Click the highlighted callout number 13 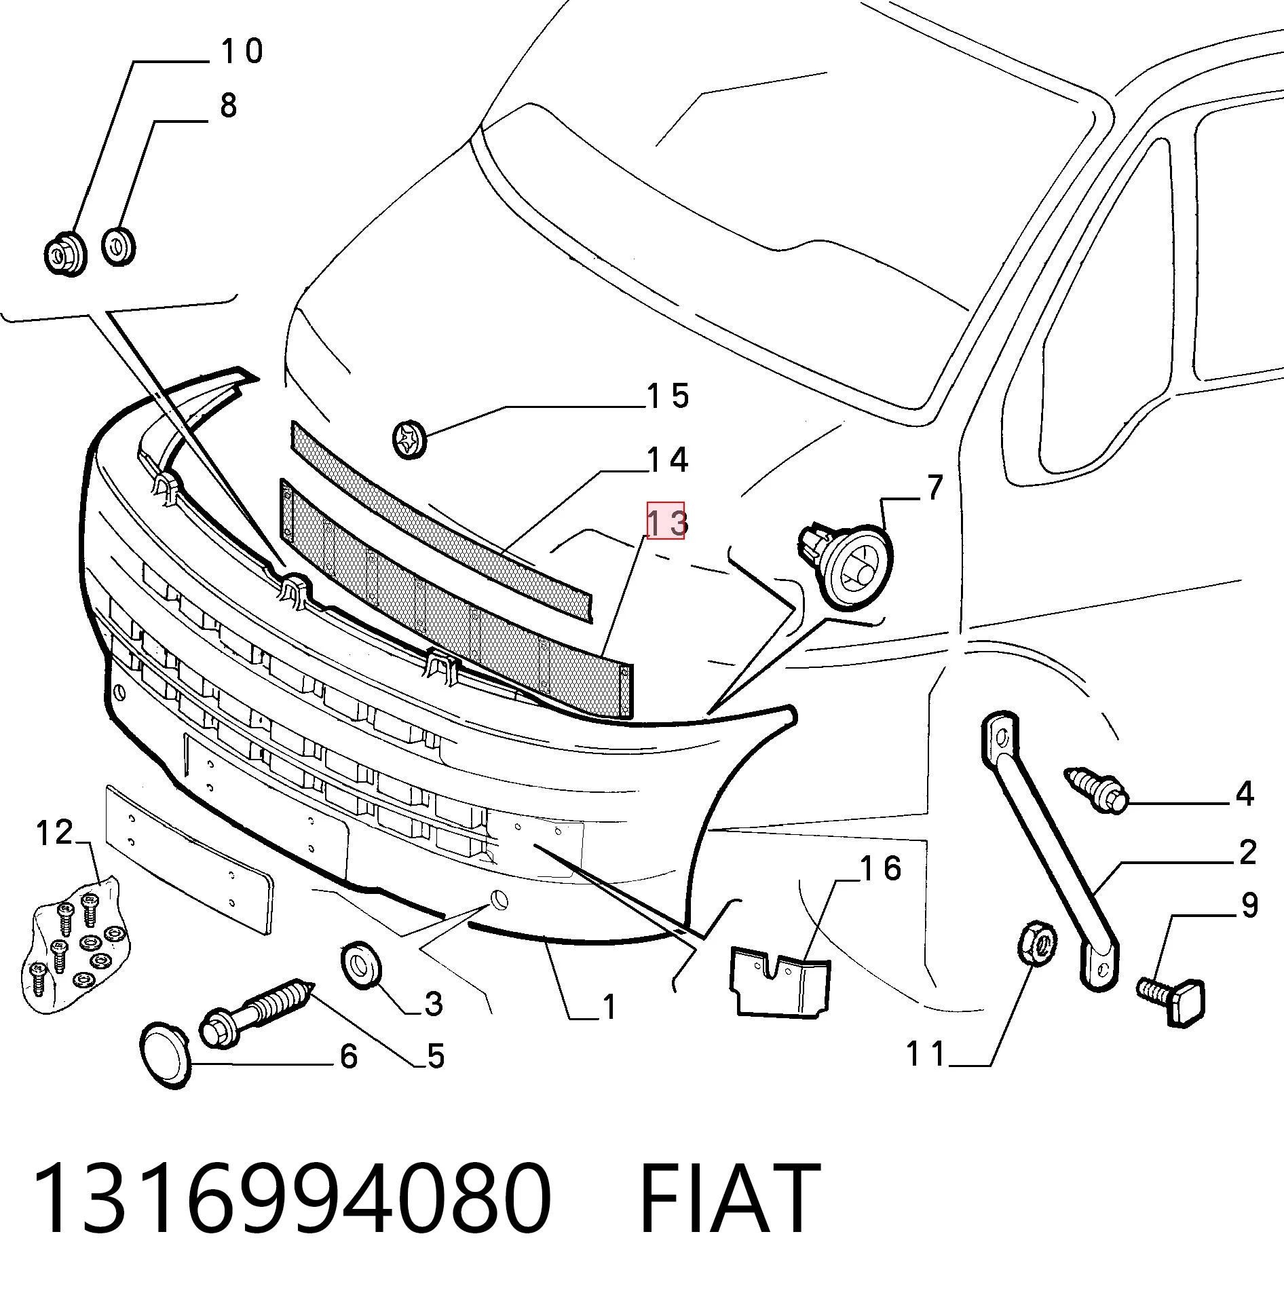tap(666, 521)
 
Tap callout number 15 tap(668, 396)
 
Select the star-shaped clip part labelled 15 tap(410, 440)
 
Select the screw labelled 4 tap(1095, 791)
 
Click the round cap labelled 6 tap(165, 1055)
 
